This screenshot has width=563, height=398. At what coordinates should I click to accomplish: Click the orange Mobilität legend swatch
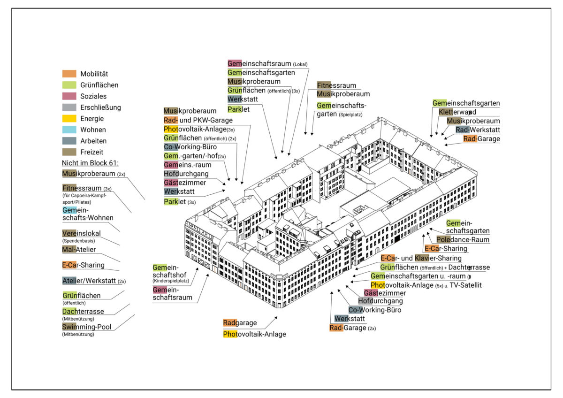tap(69, 74)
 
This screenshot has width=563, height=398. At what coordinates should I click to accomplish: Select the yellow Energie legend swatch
tap(69, 119)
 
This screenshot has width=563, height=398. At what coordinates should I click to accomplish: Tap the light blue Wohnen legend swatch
tap(69, 130)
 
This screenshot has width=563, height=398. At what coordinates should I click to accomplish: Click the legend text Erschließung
tap(100, 107)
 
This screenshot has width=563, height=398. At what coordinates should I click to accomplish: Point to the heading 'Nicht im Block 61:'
tap(90, 163)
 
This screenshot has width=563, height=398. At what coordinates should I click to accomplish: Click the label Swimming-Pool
tap(87, 327)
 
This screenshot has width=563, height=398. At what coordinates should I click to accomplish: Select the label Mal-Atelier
tap(79, 249)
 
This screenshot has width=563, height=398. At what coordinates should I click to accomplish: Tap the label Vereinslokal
tap(82, 233)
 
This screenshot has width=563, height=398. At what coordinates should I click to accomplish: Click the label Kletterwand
tap(457, 112)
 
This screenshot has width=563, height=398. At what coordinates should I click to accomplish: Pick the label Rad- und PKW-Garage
tap(198, 120)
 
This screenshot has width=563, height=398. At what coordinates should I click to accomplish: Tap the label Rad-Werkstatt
tap(478, 130)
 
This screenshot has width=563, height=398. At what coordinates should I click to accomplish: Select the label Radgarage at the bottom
tap(240, 323)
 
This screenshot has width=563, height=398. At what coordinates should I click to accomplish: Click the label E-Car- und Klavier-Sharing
tap(421, 258)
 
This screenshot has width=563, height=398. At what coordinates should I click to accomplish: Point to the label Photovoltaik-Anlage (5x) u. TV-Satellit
tap(426, 285)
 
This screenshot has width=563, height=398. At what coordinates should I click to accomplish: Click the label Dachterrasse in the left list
tap(83, 311)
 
